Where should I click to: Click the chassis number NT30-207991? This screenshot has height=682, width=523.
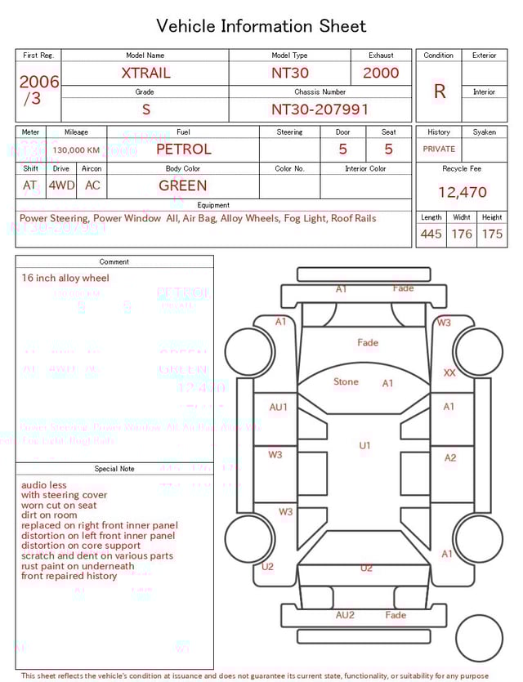[320, 109]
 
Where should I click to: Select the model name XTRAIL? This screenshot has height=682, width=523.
[145, 73]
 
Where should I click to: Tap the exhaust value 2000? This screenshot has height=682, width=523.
[381, 73]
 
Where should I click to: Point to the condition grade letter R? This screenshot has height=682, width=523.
[439, 91]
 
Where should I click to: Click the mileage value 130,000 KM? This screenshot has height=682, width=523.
[76, 150]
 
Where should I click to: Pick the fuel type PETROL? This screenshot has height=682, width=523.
[183, 149]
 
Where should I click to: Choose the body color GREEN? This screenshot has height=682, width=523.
[183, 185]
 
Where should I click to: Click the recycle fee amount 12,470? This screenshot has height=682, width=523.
[462, 193]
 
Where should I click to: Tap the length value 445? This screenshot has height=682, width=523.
[431, 234]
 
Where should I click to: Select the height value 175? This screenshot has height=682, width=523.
[492, 234]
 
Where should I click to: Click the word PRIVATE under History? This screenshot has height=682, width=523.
[439, 149]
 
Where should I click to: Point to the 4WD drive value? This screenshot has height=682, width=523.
[61, 185]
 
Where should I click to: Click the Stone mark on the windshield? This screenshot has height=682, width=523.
[346, 381]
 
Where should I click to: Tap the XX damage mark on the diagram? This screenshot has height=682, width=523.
[449, 372]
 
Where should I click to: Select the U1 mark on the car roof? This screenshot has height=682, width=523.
[364, 446]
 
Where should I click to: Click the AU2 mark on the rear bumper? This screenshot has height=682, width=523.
[345, 615]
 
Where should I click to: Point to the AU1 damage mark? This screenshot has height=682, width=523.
[279, 407]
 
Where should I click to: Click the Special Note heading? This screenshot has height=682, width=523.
[114, 469]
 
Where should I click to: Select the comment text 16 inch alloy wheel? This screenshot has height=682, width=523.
[65, 279]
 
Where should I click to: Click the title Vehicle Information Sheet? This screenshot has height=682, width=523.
[261, 26]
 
